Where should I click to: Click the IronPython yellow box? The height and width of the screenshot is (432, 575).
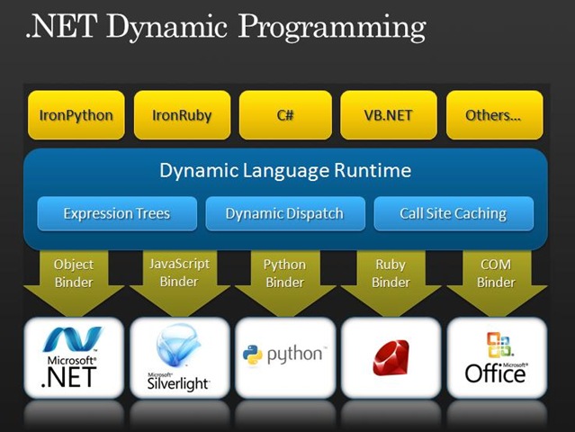point(76,115)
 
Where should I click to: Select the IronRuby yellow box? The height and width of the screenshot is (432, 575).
point(183,115)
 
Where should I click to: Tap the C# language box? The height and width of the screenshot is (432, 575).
point(285,115)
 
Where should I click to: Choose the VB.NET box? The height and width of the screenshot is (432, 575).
point(389,115)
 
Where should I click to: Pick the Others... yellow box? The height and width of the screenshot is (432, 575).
point(494,115)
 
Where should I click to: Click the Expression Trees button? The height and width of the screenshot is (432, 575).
point(117,213)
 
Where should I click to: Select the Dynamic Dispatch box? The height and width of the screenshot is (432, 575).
point(285,213)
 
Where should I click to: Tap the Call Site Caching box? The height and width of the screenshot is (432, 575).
point(454,213)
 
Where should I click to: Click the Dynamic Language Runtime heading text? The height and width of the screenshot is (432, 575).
point(285,170)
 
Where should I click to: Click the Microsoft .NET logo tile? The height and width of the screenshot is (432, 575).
point(74,358)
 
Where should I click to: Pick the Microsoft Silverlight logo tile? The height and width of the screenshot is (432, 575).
point(180,358)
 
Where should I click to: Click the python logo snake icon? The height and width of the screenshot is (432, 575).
point(253,355)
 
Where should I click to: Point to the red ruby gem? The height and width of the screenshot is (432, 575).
point(391,357)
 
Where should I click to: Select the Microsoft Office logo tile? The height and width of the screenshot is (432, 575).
point(497,358)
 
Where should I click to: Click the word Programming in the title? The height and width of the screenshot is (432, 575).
point(332,28)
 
